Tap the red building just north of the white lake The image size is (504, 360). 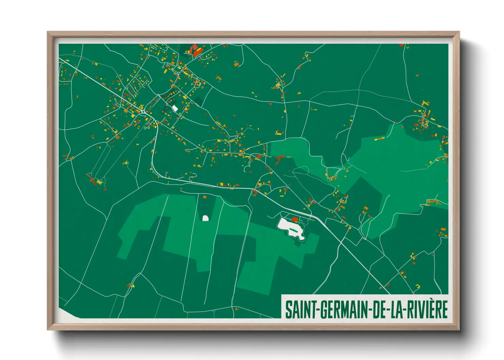pos(295,219)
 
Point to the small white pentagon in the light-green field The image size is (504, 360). pos(205,218)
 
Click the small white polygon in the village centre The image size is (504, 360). pos(175,108)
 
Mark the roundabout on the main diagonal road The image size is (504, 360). pos(143,111)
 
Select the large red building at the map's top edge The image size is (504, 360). pos(196,51)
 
